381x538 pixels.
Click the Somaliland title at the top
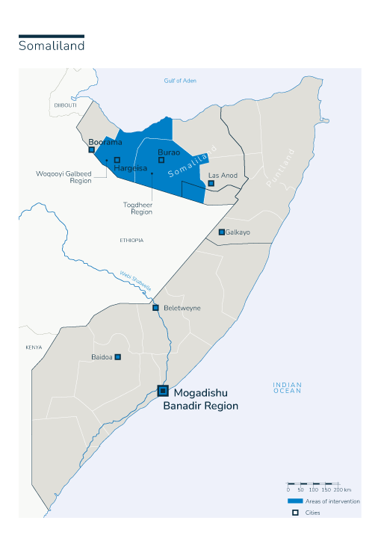point(51,46)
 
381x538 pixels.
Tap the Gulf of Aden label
point(179,81)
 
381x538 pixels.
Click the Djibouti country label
point(65,105)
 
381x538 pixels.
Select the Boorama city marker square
point(91,149)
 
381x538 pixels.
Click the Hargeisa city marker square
point(117,159)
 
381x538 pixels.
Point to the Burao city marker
point(161,160)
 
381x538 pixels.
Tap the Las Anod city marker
point(211,183)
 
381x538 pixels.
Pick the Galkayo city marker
point(221,232)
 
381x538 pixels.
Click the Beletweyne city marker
point(155,308)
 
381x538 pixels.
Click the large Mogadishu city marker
point(162,390)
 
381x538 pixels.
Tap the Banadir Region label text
point(200,406)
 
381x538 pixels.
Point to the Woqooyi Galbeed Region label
point(63,177)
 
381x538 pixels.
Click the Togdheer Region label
point(137,208)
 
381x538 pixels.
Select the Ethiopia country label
point(131,240)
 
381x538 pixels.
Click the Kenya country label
point(34,347)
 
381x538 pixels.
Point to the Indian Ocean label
point(287,387)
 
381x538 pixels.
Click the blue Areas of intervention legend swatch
point(295,501)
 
